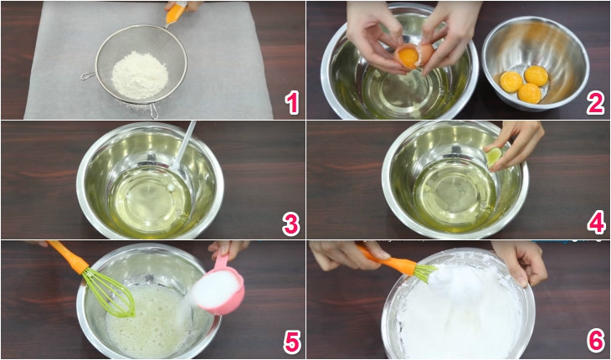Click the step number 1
tap(290, 102)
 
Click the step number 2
tap(595, 102)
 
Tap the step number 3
tap(290, 224)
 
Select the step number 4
tap(595, 224)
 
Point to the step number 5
tap(290, 342)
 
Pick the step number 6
tap(595, 342)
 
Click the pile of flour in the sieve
tap(140, 74)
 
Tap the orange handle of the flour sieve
tap(176, 13)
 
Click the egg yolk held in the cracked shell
tap(408, 57)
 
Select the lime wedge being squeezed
tap(495, 156)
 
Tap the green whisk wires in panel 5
tap(110, 293)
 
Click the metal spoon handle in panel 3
tap(186, 143)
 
